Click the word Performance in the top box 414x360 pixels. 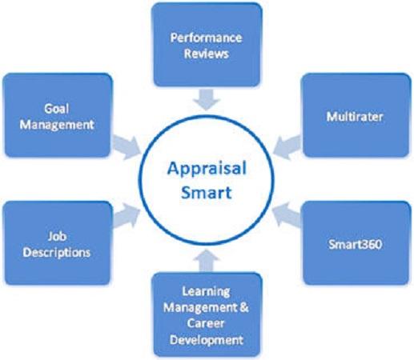[206, 38]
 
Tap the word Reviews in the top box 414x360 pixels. [207, 54]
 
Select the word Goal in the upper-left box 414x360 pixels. [57, 109]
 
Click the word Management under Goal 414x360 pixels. [57, 125]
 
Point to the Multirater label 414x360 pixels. [355, 117]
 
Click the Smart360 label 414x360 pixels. [355, 244]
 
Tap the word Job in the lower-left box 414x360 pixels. [57, 237]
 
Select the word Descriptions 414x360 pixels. [57, 253]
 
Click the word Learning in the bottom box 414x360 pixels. [206, 292]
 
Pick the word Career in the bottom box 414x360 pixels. [206, 323]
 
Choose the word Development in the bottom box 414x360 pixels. [207, 340]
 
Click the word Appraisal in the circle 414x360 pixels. [207, 170]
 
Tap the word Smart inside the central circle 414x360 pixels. [207, 193]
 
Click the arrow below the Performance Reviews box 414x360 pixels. [207, 99]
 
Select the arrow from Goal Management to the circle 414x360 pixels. [126, 146]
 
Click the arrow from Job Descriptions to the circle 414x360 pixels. [126, 216]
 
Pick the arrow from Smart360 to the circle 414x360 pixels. [287, 215]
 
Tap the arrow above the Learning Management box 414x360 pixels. [207, 260]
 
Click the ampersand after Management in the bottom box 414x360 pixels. [243, 307]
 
